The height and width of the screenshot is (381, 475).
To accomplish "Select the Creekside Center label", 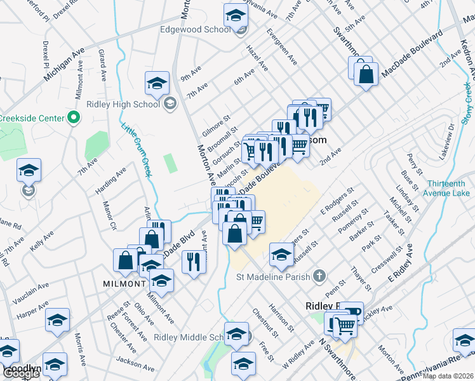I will tap(32, 118).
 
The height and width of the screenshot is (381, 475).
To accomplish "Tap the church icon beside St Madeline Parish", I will tap(319, 276).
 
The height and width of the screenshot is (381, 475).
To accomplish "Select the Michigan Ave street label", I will tap(64, 64).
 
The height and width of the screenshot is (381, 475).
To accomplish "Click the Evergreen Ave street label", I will tap(282, 46).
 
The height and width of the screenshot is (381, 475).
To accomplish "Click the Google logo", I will tap(20, 373).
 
